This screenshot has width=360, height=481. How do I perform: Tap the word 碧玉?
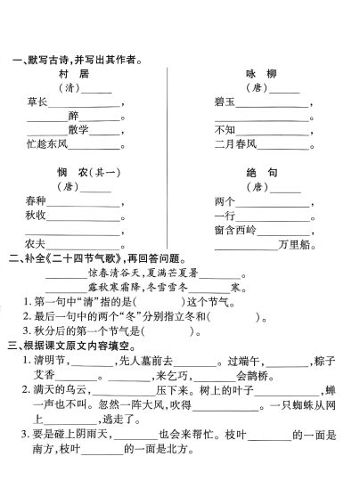coord(225,104)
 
